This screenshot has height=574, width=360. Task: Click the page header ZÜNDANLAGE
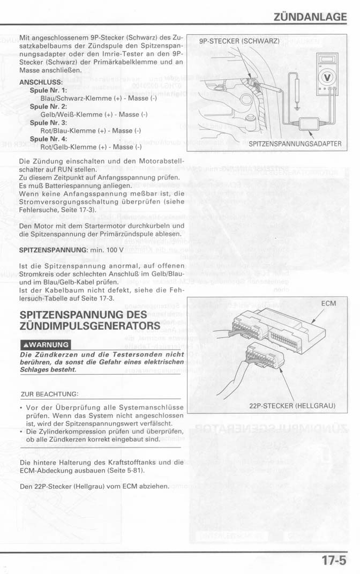point(310,17)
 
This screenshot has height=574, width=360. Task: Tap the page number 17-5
point(334,561)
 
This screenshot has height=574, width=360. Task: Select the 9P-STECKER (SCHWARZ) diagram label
point(239,41)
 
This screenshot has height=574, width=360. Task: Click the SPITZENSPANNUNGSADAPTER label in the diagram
point(295,144)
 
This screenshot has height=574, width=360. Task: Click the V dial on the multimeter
point(326,75)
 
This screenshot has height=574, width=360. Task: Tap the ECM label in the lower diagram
point(328,304)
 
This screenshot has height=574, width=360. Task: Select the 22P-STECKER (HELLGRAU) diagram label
point(292,405)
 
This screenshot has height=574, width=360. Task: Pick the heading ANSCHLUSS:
point(41,83)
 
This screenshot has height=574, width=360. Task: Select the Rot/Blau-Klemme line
point(91,131)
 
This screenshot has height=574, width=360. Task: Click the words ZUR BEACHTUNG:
point(49,394)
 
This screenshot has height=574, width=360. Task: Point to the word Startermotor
point(96,225)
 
